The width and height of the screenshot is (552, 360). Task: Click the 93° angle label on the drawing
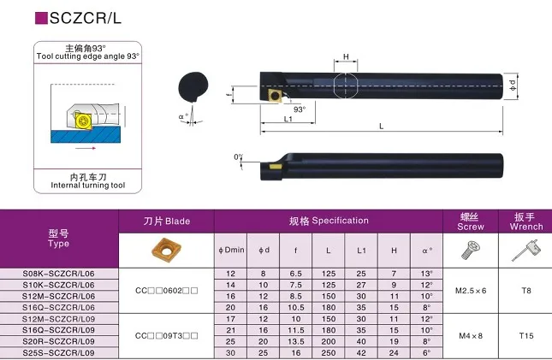[x=300, y=110]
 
